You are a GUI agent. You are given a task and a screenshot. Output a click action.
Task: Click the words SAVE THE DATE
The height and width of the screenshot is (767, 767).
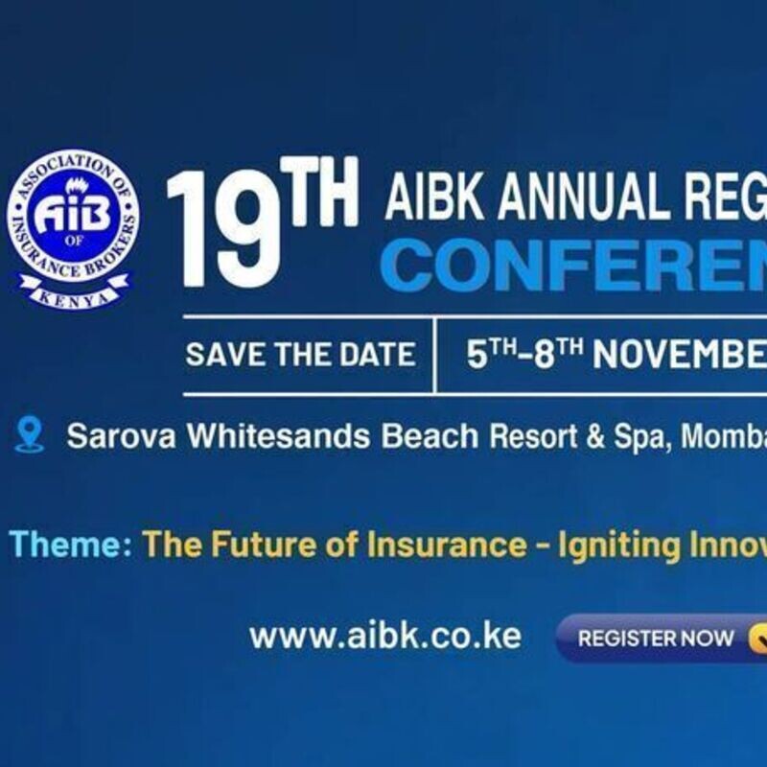300,354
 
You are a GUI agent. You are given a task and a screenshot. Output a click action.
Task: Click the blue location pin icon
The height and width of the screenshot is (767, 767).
30,435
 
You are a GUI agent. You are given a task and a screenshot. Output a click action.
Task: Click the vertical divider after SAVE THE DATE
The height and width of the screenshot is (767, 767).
435,355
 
